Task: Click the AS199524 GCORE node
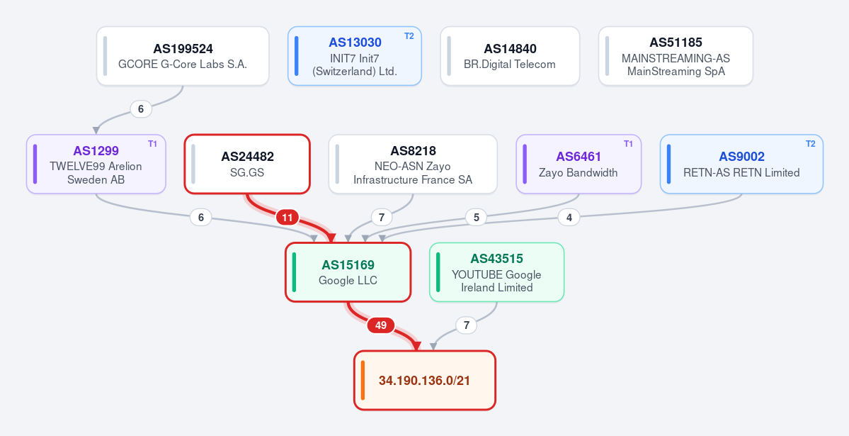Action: pyautogui.click(x=183, y=56)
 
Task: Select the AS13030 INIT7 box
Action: pyautogui.click(x=355, y=56)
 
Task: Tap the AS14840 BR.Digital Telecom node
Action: pyautogui.click(x=510, y=56)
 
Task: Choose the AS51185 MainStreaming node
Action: pyautogui.click(x=676, y=56)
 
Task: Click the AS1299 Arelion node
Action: pyautogui.click(x=96, y=164)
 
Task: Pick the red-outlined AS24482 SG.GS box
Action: pyautogui.click(x=247, y=164)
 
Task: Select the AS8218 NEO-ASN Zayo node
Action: pyautogui.click(x=413, y=164)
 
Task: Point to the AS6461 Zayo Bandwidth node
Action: pyautogui.click(x=579, y=164)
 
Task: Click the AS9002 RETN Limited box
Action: pyautogui.click(x=742, y=164)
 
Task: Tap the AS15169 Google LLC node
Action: pyautogui.click(x=348, y=272)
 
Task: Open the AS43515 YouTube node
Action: pyautogui.click(x=497, y=272)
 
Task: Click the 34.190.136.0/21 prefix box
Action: pyautogui.click(x=425, y=380)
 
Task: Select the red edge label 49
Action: pyautogui.click(x=381, y=325)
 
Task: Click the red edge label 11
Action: pyautogui.click(x=287, y=218)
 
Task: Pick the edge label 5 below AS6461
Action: pyautogui.click(x=477, y=218)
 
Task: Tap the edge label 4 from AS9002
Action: pyautogui.click(x=569, y=218)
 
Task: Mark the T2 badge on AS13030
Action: pyautogui.click(x=409, y=35)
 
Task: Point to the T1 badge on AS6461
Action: pyautogui.click(x=628, y=144)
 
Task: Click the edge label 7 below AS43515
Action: pyautogui.click(x=466, y=325)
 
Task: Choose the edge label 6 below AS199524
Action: pyautogui.click(x=141, y=109)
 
